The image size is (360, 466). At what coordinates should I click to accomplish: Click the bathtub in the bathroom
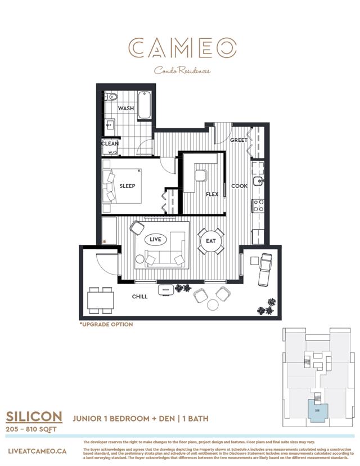[145, 105]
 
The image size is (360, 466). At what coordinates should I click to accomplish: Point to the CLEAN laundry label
[110, 144]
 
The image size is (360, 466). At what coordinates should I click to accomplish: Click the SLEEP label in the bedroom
[127, 186]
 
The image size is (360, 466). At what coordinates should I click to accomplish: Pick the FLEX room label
[212, 194]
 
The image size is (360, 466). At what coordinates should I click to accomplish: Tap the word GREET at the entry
[238, 140]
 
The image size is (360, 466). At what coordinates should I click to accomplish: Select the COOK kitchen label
[239, 186]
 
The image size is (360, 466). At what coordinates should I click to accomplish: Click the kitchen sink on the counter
[257, 181]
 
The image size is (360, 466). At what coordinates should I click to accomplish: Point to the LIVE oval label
[155, 239]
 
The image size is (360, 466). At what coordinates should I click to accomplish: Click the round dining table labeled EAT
[211, 241]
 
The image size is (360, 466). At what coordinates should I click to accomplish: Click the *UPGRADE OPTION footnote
[106, 325]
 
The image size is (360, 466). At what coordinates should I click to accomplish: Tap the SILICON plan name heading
[34, 416]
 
